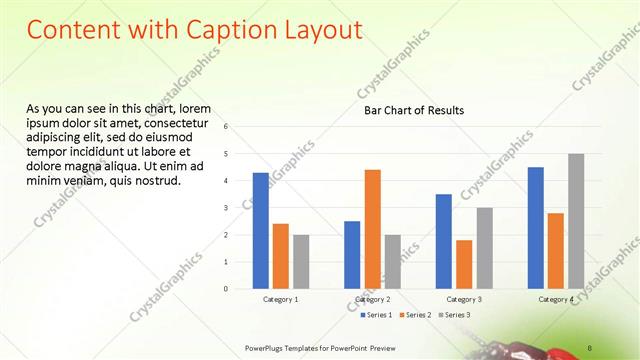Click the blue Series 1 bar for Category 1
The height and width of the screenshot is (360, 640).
[x=260, y=230]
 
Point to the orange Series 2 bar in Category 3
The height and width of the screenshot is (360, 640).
[x=464, y=264]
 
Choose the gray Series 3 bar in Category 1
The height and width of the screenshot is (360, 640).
[x=301, y=261]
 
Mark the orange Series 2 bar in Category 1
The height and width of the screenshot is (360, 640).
[x=280, y=255]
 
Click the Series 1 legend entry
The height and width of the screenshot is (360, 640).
[x=375, y=315]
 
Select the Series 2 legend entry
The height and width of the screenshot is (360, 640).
[x=415, y=315]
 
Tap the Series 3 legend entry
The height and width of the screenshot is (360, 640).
[x=455, y=315]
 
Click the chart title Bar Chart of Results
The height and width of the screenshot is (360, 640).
[x=413, y=110]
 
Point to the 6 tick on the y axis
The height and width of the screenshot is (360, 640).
[x=227, y=127]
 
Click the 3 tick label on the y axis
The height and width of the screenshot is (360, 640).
[x=227, y=208]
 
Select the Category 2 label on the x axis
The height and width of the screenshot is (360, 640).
[x=372, y=299]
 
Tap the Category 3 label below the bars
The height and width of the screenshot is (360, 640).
[x=464, y=299]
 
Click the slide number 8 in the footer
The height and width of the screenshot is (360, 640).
[x=584, y=346]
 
